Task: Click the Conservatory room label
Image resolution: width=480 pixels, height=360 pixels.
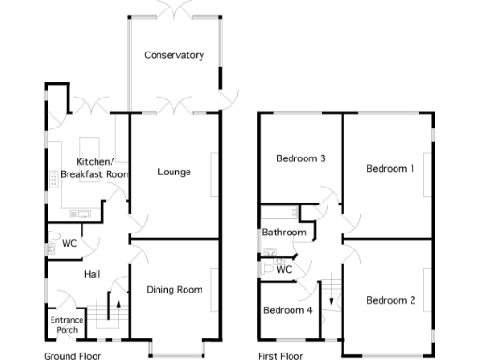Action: click(x=174, y=55)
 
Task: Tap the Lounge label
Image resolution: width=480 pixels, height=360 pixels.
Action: click(x=174, y=172)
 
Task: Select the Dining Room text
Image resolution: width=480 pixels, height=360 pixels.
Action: click(x=174, y=290)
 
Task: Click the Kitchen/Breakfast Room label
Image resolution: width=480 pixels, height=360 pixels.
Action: click(x=94, y=168)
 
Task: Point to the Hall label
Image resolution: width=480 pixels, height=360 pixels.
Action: click(x=93, y=274)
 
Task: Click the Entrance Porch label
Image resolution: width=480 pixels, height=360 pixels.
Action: click(x=67, y=324)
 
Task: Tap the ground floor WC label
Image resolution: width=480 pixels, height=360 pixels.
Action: click(x=69, y=244)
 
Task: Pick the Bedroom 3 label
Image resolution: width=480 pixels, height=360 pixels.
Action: click(x=300, y=158)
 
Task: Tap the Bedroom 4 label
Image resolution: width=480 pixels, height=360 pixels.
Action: click(x=287, y=310)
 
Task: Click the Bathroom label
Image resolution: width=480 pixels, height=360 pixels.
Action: click(x=283, y=232)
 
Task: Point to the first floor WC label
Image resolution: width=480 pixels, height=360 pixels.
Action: click(x=285, y=269)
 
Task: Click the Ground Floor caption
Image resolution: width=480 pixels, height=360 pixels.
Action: click(x=73, y=355)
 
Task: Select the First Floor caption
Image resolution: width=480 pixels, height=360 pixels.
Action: click(x=280, y=355)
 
